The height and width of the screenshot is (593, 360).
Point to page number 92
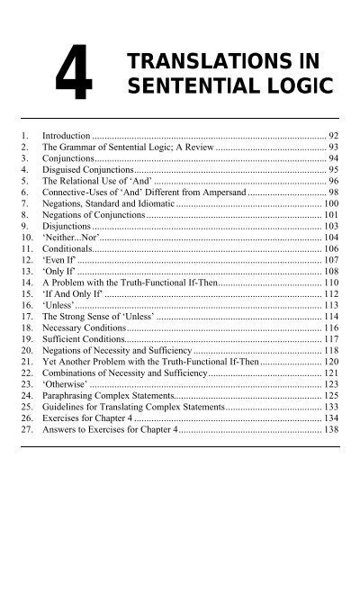point(332,132)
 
